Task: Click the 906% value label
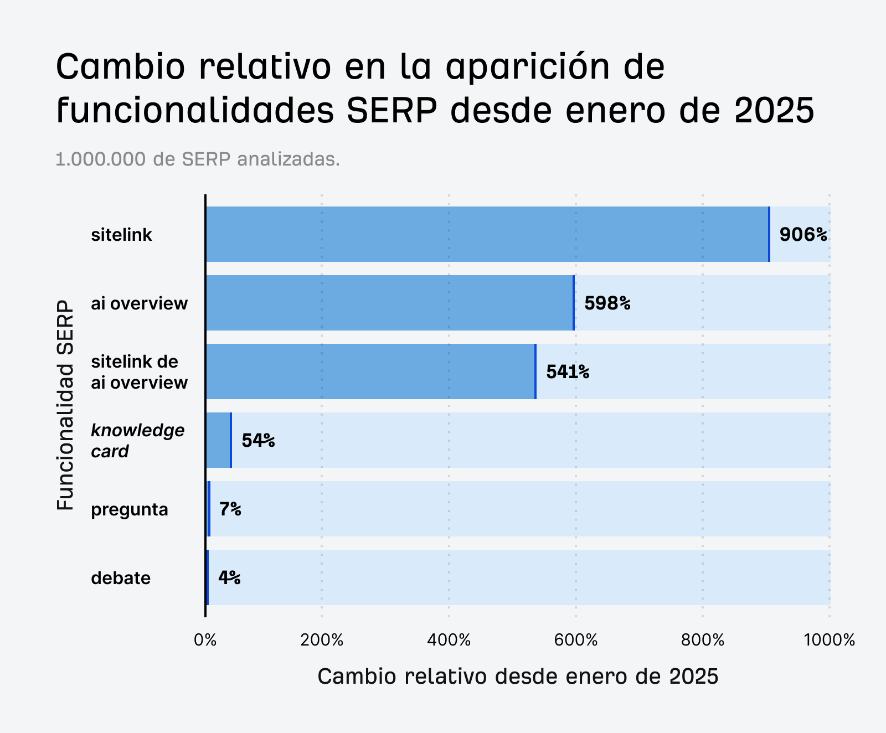[x=803, y=235]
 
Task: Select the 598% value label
[x=607, y=303]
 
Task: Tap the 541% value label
[x=568, y=372]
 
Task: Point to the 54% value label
[x=258, y=441]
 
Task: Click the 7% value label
[x=230, y=509]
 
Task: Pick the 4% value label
[x=229, y=578]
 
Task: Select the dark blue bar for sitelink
[x=487, y=235]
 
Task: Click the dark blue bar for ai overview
[x=390, y=303]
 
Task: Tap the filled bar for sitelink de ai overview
[x=370, y=372]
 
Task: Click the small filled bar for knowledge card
[x=218, y=441]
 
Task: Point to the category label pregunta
[x=130, y=509]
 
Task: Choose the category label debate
[x=121, y=578]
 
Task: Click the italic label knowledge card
[x=137, y=441]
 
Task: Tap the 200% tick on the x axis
[x=322, y=641]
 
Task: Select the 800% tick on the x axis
[x=703, y=641]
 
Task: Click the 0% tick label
[x=205, y=641]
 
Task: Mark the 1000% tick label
[x=829, y=641]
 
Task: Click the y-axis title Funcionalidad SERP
[x=65, y=405]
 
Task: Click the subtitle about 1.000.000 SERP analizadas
[x=198, y=159]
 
